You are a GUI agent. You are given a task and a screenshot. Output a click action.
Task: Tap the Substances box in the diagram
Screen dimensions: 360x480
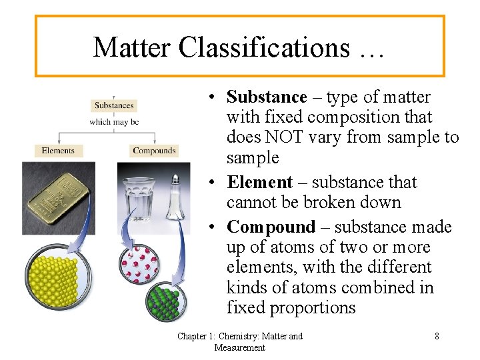tap(114, 105)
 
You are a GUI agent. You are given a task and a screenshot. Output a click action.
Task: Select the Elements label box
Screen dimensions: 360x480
tap(58, 151)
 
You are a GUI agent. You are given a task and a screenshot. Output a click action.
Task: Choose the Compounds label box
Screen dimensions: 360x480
tap(154, 151)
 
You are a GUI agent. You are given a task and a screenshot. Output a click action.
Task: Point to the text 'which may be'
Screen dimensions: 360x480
tap(114, 122)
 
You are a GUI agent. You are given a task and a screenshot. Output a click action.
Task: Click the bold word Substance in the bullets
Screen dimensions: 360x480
tap(267, 97)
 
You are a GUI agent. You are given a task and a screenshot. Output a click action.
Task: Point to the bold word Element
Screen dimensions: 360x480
tap(259, 183)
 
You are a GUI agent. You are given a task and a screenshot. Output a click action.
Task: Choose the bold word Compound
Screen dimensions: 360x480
tap(271, 227)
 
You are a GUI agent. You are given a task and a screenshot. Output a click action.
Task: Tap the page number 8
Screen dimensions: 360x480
tap(437, 336)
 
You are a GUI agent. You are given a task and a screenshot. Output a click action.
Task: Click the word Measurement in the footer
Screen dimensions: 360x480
tap(240, 347)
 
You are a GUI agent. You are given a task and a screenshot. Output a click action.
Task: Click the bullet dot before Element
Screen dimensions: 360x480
tap(210, 183)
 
